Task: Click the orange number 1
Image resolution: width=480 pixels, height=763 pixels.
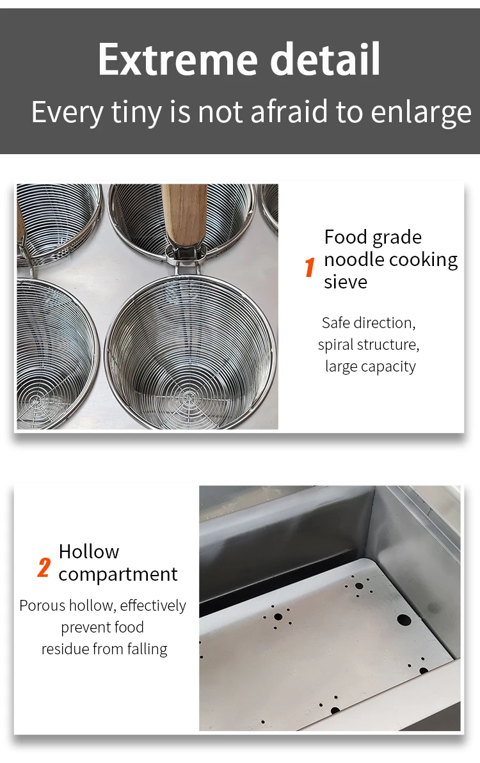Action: point(310,267)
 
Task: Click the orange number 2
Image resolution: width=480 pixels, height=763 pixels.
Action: point(44,567)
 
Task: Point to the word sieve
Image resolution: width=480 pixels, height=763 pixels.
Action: point(346,282)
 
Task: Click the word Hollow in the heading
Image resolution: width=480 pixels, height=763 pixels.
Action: point(89,551)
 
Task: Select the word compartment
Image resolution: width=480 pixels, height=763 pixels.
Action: point(118,574)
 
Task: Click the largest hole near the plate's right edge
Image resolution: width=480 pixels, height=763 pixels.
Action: point(404,620)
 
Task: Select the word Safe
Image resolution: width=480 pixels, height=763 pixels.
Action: point(336,322)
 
